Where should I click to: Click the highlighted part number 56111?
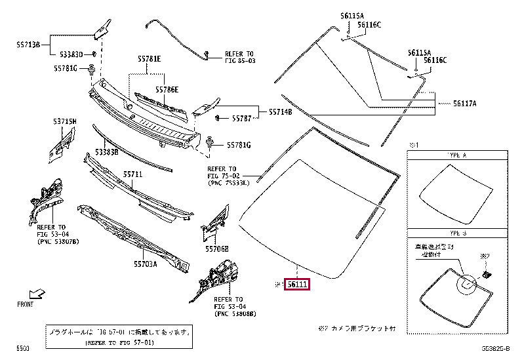point(298,284)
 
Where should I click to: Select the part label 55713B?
point(29,45)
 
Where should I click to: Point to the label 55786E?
point(167,89)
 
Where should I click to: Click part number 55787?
point(242,119)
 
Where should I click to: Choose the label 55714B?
point(281,112)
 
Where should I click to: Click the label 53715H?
point(66,122)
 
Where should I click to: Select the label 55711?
point(132,174)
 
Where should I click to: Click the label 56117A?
point(464,103)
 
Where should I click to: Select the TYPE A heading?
point(456,157)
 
